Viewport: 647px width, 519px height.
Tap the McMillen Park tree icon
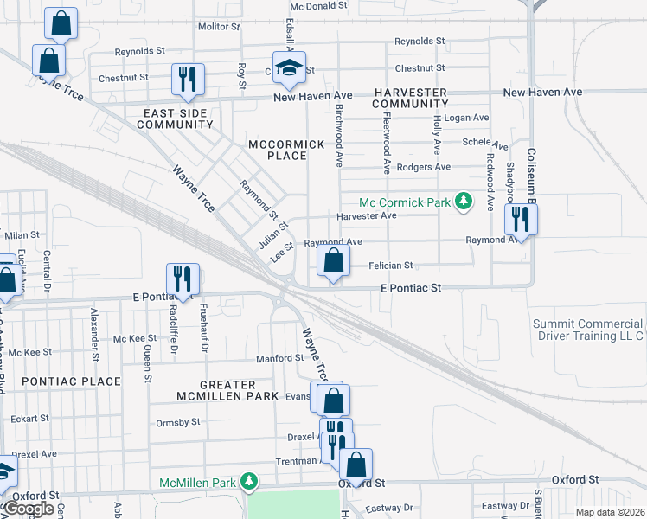pyautogui.click(x=250, y=480)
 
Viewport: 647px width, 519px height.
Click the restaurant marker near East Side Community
pyautogui.click(x=188, y=80)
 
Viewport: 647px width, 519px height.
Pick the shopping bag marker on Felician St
pyautogui.click(x=334, y=260)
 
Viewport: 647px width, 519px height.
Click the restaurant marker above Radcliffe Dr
pyautogui.click(x=183, y=279)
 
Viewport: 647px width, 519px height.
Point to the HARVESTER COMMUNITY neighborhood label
pyautogui.click(x=410, y=98)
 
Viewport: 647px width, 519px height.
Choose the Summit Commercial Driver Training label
pyautogui.click(x=588, y=330)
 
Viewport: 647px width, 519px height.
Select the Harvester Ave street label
pyautogui.click(x=366, y=215)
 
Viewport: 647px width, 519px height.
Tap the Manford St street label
pyautogui.click(x=276, y=358)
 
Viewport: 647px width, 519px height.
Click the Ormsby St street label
pyautogui.click(x=178, y=422)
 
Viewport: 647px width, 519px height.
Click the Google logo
pyautogui.click(x=28, y=509)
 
